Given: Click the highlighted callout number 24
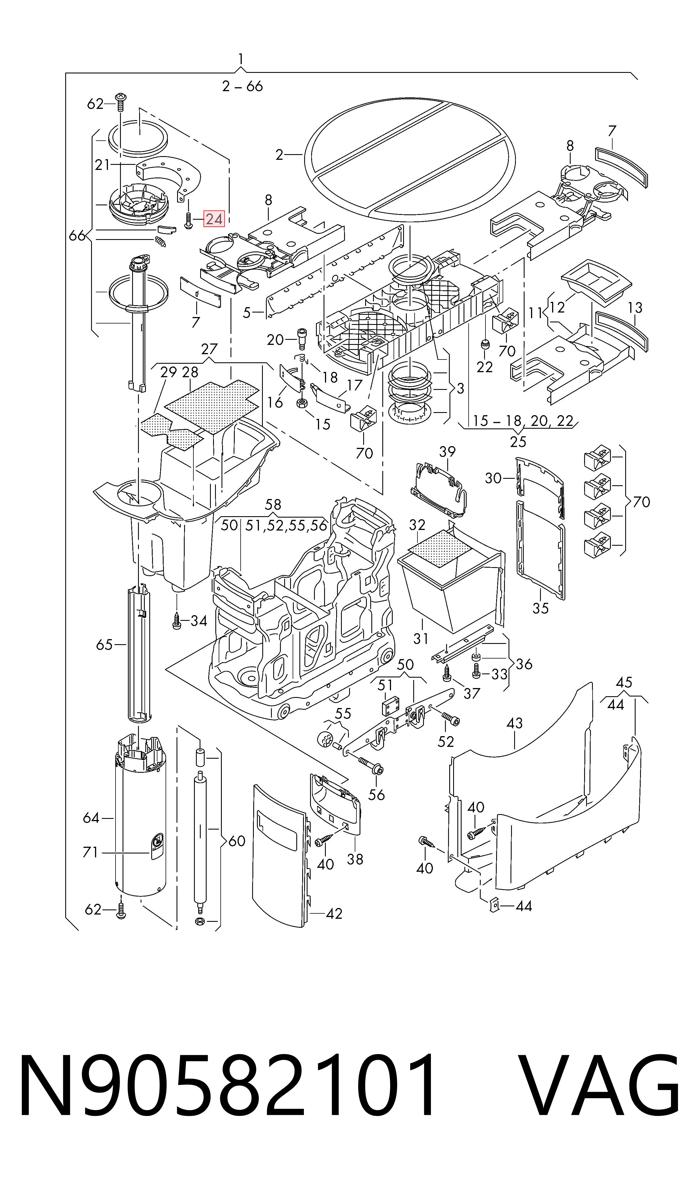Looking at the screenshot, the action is point(214,219).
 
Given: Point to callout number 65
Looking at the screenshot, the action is point(104,644).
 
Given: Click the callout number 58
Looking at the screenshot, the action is point(273,504).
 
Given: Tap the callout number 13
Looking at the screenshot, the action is point(635,308).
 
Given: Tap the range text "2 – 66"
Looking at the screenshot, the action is point(242,86).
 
